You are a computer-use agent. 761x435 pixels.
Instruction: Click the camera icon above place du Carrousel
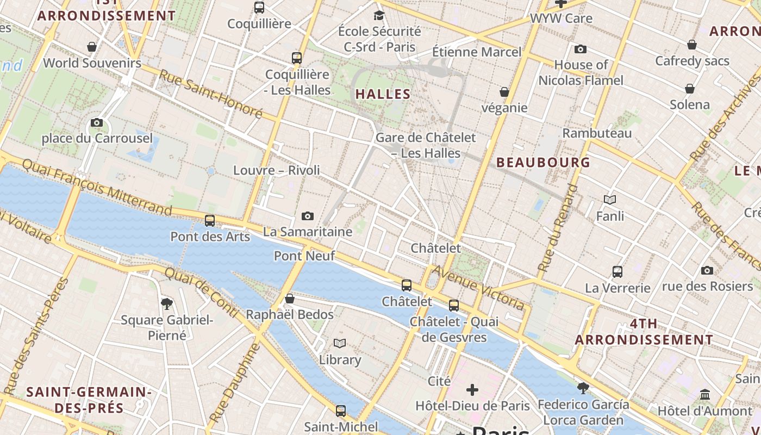pyautogui.click(x=97, y=122)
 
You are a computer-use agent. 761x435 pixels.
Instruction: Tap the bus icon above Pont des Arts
pyautogui.click(x=210, y=221)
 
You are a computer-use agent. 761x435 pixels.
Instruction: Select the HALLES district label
pyautogui.click(x=383, y=94)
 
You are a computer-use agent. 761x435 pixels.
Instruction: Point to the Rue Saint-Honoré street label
pyautogui.click(x=210, y=94)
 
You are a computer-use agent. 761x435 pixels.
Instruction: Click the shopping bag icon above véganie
pyautogui.click(x=504, y=92)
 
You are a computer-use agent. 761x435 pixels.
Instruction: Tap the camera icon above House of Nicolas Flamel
pyautogui.click(x=581, y=49)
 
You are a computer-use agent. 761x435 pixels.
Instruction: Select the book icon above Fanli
pyautogui.click(x=610, y=200)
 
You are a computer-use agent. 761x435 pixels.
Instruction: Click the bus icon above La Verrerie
pyautogui.click(x=617, y=271)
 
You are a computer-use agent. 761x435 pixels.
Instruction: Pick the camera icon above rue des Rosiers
pyautogui.click(x=707, y=270)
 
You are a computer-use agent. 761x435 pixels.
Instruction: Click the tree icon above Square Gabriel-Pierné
pyautogui.click(x=167, y=304)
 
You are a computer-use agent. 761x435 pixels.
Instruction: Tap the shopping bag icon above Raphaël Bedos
pyautogui.click(x=290, y=299)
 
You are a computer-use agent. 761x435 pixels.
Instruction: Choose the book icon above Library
pyautogui.click(x=340, y=343)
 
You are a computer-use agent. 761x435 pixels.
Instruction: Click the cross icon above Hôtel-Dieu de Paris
pyautogui.click(x=472, y=389)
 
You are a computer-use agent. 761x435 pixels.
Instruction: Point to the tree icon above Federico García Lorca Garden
pyautogui.click(x=583, y=388)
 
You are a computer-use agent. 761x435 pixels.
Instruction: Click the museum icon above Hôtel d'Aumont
pyautogui.click(x=705, y=394)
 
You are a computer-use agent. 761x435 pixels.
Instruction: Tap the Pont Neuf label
pyautogui.click(x=304, y=256)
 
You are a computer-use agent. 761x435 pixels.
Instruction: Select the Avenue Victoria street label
pyautogui.click(x=478, y=287)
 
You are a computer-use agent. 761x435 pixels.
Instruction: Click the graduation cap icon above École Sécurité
pyautogui.click(x=379, y=15)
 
